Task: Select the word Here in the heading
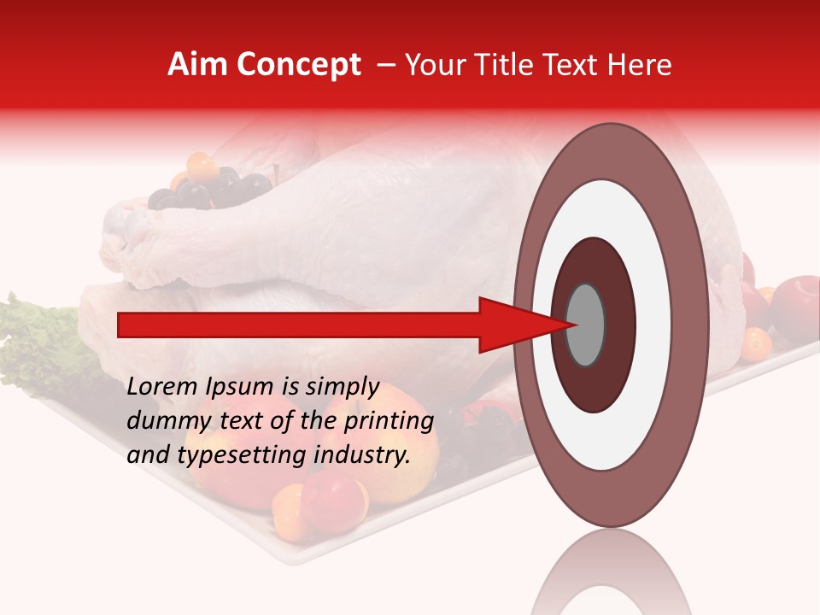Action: coord(641,65)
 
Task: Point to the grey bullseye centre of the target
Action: coord(586,325)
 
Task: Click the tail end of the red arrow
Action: coord(120,325)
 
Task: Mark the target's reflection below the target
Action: coord(610,572)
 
